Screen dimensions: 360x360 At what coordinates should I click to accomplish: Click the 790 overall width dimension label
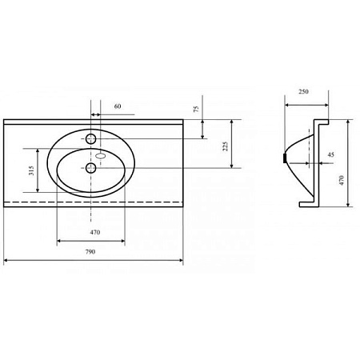(x=90, y=251)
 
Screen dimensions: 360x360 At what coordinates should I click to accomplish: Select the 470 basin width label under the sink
(x=95, y=232)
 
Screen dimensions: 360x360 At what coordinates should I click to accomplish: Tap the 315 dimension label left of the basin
(x=31, y=170)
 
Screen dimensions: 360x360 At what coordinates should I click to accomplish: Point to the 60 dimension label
(x=118, y=106)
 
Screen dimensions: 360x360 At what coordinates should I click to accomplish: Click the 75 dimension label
(x=196, y=109)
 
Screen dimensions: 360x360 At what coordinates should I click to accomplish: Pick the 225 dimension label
(x=226, y=146)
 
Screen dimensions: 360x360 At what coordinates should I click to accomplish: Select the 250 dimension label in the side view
(x=303, y=92)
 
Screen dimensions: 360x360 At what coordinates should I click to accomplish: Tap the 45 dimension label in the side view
(x=330, y=154)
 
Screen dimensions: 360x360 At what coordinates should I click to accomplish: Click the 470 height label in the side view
(x=342, y=180)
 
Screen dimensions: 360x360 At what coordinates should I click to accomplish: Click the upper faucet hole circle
(x=90, y=138)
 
